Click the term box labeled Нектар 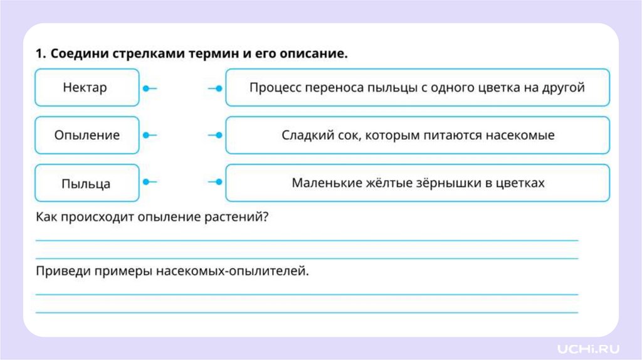[x=87, y=88]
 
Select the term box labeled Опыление [x=87, y=135]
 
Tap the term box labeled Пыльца [x=87, y=183]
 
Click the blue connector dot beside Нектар [x=145, y=88]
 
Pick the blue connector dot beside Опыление [x=145, y=135]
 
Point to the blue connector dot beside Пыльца [x=145, y=183]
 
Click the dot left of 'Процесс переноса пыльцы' [x=218, y=88]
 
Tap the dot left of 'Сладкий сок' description [x=218, y=135]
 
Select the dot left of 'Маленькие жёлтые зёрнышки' [x=218, y=183]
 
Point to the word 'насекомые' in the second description [x=525, y=135]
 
